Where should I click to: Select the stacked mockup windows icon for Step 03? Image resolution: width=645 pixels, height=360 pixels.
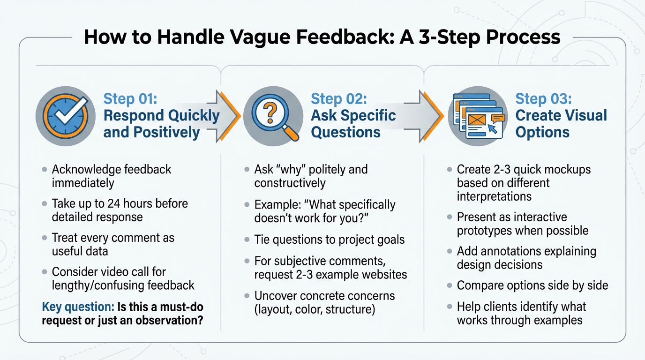(x=477, y=116)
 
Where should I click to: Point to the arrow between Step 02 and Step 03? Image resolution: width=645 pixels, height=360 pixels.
(x=427, y=116)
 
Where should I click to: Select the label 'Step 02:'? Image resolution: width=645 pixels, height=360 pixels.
(x=338, y=99)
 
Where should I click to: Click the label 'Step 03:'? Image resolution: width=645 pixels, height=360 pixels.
(x=543, y=99)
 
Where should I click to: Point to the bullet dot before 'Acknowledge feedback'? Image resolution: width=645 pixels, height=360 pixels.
(x=45, y=169)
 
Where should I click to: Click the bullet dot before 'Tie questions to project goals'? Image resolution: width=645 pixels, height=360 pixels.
(x=247, y=240)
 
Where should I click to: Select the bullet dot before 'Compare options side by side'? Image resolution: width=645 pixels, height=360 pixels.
(x=450, y=285)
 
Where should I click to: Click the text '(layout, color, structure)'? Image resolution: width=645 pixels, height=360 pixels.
(x=315, y=309)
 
